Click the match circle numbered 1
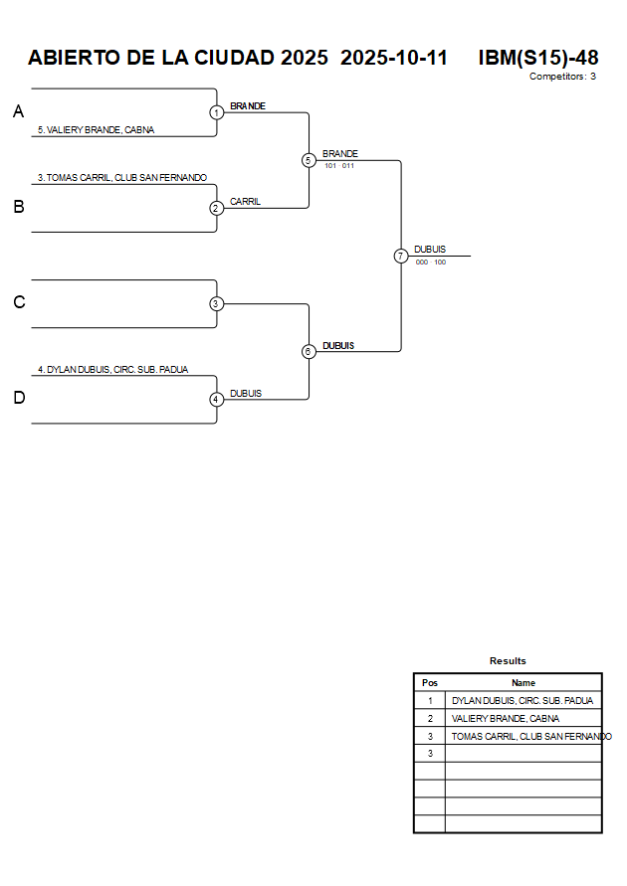click(x=216, y=112)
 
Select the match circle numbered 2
click(x=216, y=208)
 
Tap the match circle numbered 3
click(x=216, y=303)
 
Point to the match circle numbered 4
click(x=216, y=399)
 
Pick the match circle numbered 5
click(x=309, y=160)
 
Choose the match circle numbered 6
click(x=309, y=351)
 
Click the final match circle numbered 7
click(x=401, y=256)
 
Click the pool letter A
click(x=18, y=112)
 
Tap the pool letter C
click(x=18, y=303)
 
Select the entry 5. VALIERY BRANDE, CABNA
click(x=96, y=130)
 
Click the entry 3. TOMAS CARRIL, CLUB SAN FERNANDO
click(x=122, y=178)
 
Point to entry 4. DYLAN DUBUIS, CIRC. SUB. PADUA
click(x=112, y=370)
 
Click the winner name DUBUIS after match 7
click(x=430, y=250)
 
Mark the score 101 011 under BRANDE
click(x=339, y=166)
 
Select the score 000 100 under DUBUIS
click(x=431, y=263)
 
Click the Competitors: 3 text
click(x=562, y=77)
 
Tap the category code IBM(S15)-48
click(x=537, y=58)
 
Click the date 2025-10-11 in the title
click(x=394, y=58)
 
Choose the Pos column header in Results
click(x=430, y=683)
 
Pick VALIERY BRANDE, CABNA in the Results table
click(x=506, y=718)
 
